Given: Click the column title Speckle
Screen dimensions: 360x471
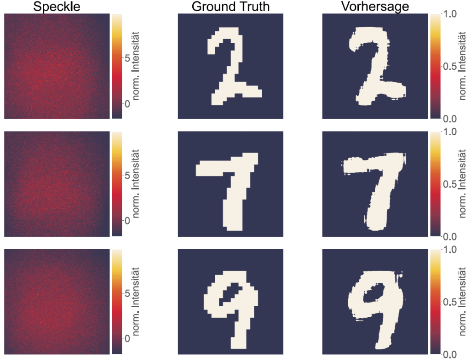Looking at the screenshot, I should pyautogui.click(x=57, y=6).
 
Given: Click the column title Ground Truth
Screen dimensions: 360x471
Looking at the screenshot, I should pyautogui.click(x=231, y=6).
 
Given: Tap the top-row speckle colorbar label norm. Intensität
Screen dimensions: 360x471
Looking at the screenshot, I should pyautogui.click(x=142, y=66).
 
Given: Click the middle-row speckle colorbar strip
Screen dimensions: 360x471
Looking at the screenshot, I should pyautogui.click(x=116, y=184).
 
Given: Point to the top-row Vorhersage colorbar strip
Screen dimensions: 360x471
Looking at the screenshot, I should pyautogui.click(x=435, y=66).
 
